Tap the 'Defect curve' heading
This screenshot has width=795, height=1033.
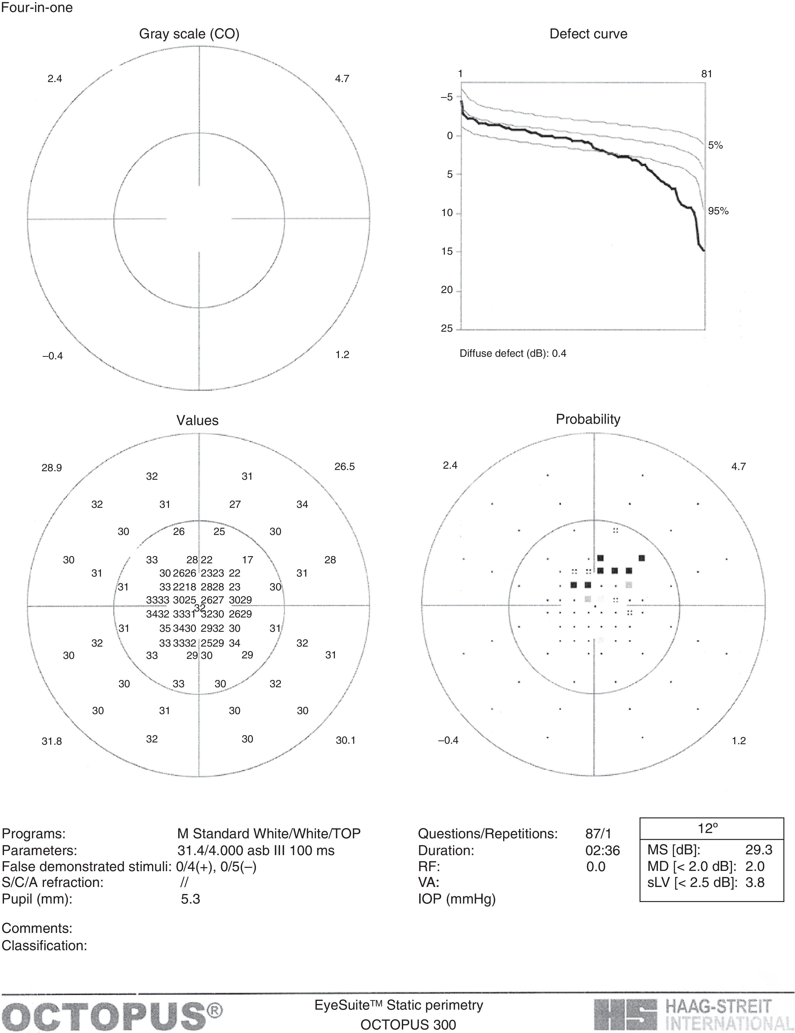[x=588, y=34]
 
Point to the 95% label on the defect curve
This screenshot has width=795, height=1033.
[x=718, y=211]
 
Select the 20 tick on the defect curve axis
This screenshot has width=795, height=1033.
[x=447, y=290]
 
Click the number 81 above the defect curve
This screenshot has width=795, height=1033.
[x=706, y=74]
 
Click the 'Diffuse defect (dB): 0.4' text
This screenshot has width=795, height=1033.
[x=513, y=353]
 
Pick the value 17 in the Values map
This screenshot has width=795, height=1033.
[x=248, y=560]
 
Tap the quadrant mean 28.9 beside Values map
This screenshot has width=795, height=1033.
[x=51, y=468]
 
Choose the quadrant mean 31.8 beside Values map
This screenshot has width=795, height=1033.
[x=51, y=741]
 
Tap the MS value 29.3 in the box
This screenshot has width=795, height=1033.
[x=759, y=850]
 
